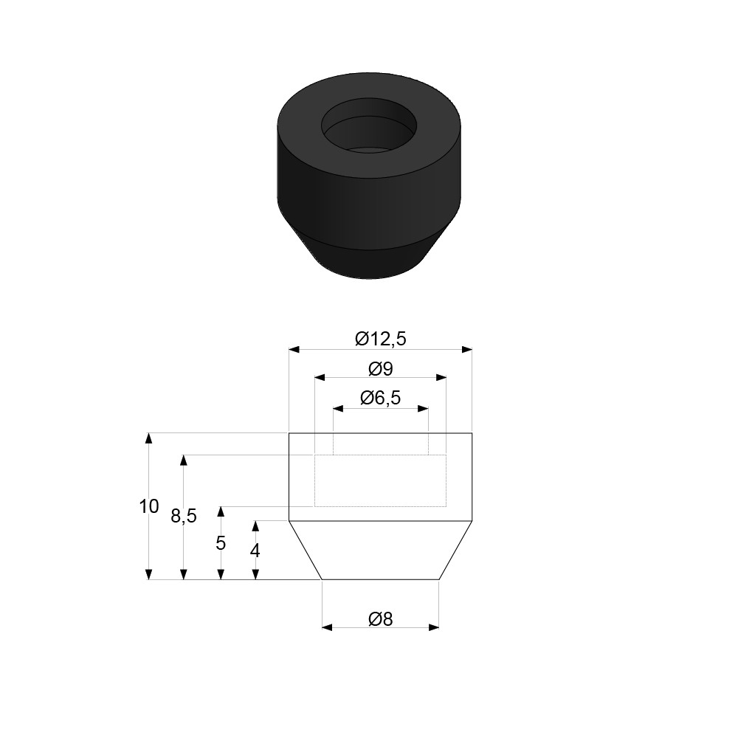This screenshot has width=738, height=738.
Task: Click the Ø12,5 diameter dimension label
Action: pos(380,339)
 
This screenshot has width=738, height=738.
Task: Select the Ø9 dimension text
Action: pos(380,368)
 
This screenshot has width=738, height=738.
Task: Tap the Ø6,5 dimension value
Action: pos(380,398)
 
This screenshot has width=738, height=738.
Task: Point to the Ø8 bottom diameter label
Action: pos(380,619)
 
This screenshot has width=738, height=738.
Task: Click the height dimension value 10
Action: pos(148,506)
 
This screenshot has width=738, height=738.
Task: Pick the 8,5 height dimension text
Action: pos(184,517)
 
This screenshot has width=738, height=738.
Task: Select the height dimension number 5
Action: pos(220,543)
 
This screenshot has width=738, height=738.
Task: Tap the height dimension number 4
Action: pos(255,551)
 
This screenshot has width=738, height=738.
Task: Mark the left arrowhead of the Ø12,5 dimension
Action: pos(293,349)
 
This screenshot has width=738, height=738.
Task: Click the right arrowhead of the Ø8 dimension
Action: pos(435,627)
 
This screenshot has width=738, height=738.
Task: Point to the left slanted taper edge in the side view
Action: pos(305,551)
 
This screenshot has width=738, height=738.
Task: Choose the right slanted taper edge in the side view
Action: pos(456,551)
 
